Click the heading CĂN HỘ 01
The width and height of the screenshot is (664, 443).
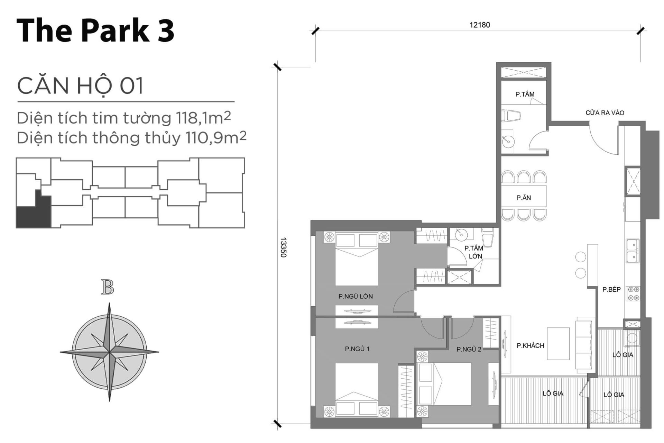[x=80, y=86]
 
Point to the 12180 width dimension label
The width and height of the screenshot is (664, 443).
[x=479, y=25]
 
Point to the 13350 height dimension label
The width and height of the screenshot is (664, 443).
[x=283, y=247]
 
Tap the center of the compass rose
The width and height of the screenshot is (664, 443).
[x=109, y=352]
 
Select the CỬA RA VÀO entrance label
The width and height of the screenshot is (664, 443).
[x=605, y=113]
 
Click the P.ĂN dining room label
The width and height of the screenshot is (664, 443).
[x=524, y=198]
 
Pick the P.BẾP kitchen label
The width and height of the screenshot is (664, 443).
[x=611, y=289]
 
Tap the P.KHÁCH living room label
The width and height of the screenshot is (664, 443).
[x=530, y=345]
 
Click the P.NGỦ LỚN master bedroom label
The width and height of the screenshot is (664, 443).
[x=356, y=296]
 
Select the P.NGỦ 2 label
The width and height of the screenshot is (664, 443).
[x=469, y=349]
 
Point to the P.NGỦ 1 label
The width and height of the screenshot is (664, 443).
[x=357, y=349]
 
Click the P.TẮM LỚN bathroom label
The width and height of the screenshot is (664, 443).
[x=474, y=252]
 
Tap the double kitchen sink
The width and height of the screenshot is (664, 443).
[x=633, y=251]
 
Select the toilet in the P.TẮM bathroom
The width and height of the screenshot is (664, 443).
[x=511, y=116]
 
